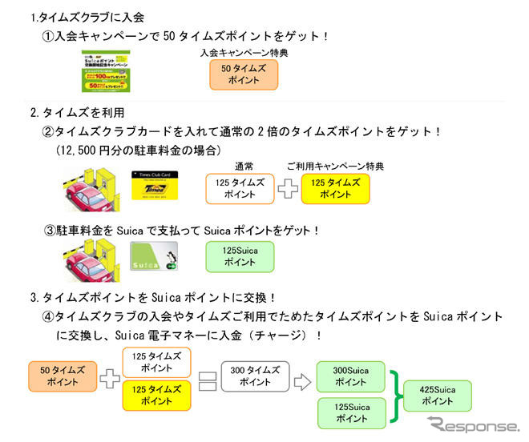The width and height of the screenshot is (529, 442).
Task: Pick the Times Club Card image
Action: click(153, 190)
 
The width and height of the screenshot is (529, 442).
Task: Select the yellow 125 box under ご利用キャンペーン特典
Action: click(336, 189)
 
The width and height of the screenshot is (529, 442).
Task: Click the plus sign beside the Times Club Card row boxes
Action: click(286, 189)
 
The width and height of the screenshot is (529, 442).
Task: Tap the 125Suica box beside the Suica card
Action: click(240, 257)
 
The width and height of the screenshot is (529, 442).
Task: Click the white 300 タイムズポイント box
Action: click(255, 376)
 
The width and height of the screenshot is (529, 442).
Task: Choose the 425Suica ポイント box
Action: click(437, 395)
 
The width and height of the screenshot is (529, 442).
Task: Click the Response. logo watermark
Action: click(473, 424)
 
